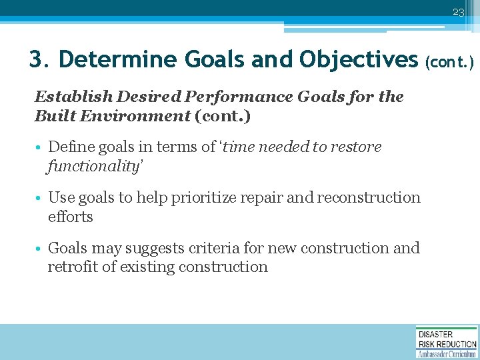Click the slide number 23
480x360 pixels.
pyautogui.click(x=457, y=13)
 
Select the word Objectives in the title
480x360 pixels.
pyautogui.click(x=358, y=60)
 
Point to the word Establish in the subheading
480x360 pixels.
pyautogui.click(x=63, y=97)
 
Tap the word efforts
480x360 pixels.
pyautogui.click(x=70, y=217)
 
